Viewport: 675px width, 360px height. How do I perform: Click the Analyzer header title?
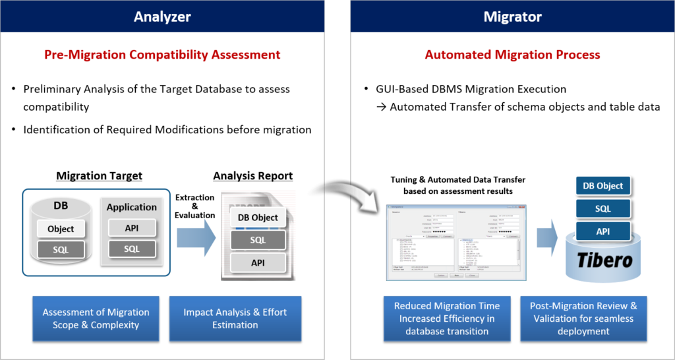[x=162, y=16]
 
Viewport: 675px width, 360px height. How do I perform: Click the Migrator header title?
[x=512, y=16]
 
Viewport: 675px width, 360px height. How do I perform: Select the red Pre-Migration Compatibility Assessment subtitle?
[x=162, y=55]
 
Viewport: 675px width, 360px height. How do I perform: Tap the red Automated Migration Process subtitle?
[x=512, y=55]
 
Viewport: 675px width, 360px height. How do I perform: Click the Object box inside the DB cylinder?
[x=61, y=229]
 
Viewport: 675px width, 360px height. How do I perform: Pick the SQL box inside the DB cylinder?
[x=61, y=249]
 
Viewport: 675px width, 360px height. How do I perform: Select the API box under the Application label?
[x=132, y=227]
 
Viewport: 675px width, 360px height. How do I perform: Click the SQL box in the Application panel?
[x=132, y=249]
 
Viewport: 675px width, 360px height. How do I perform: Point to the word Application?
[x=132, y=206]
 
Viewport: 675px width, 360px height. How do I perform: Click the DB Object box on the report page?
[x=258, y=218]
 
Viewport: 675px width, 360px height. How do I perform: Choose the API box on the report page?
[x=258, y=262]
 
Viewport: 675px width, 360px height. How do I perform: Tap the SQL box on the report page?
[x=258, y=240]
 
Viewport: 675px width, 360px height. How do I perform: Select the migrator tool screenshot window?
[x=456, y=241]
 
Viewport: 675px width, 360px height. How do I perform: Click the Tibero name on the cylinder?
[x=604, y=260]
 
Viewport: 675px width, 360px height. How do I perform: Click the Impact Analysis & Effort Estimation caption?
[x=235, y=318]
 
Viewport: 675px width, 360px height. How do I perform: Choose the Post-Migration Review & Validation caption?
[x=583, y=318]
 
